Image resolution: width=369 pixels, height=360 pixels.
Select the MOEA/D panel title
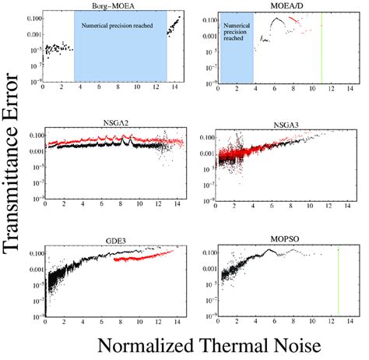284,5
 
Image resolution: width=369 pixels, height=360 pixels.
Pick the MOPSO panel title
284,243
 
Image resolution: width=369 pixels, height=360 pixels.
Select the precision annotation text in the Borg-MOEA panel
120,26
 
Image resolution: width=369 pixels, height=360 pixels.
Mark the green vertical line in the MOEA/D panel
322,47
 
